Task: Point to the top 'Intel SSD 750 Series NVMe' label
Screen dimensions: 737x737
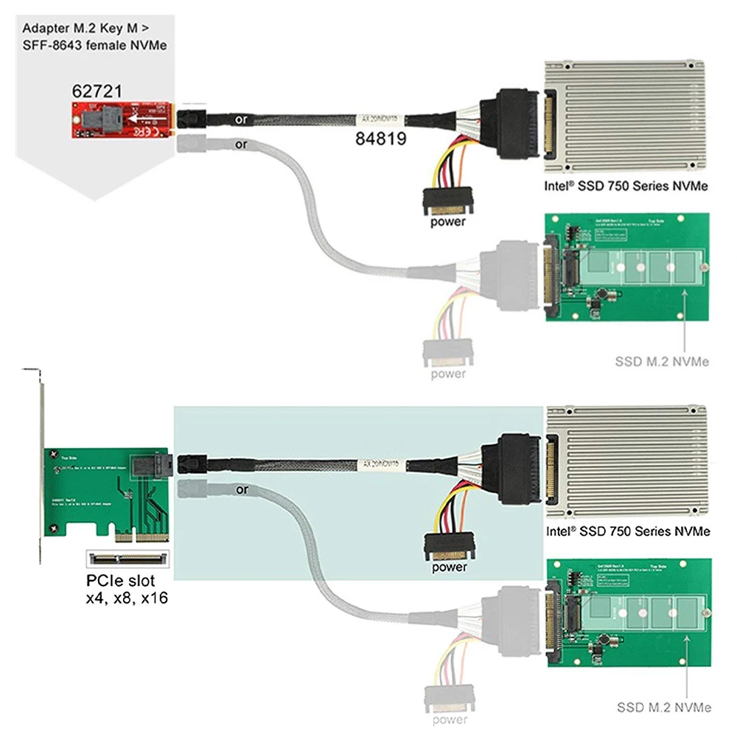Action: pos(625,186)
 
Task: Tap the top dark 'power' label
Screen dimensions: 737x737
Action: pos(449,221)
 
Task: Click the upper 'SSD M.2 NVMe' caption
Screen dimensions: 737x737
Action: pos(662,361)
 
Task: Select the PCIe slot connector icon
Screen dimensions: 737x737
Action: pos(128,559)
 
